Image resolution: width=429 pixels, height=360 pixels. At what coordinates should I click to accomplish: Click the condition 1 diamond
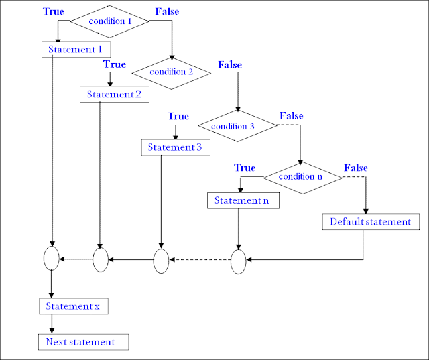(x=109, y=21)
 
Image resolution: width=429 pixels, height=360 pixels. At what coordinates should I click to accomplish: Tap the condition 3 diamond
(x=237, y=125)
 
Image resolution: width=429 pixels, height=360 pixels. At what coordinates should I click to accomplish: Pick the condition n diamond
(x=302, y=177)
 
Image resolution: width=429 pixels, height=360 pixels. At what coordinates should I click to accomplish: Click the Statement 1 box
(x=75, y=50)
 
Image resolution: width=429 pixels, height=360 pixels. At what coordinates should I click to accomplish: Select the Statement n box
(x=241, y=200)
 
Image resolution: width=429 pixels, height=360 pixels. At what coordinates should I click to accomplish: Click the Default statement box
(x=370, y=221)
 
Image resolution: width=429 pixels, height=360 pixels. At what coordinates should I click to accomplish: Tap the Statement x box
(x=72, y=306)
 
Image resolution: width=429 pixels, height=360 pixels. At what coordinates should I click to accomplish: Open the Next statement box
(x=80, y=342)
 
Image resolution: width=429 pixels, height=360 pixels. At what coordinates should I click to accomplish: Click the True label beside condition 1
(x=54, y=12)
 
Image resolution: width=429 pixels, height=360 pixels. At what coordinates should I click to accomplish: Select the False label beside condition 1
(x=167, y=12)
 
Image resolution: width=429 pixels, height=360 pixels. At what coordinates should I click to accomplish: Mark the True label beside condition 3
(x=178, y=116)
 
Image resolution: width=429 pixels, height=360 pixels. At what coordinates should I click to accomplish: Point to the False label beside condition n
(x=356, y=167)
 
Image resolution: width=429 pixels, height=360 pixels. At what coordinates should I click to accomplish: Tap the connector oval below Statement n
(x=239, y=261)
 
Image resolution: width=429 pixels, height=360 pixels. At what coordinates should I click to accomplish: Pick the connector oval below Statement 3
(x=162, y=260)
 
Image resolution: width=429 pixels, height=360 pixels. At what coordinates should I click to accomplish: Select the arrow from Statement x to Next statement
(x=52, y=324)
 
